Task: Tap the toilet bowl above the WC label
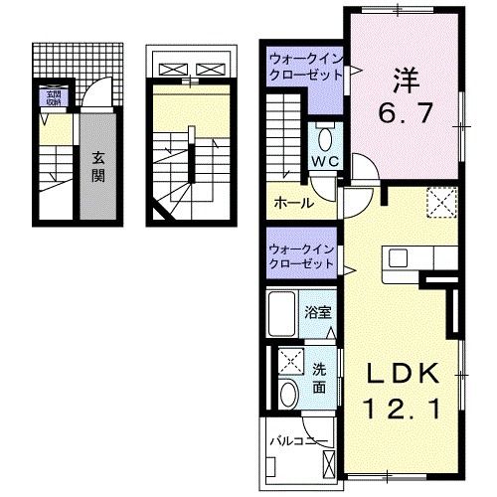[x=324, y=136]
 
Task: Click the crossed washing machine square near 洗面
[x=290, y=362]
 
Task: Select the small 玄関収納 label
[x=51, y=97]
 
